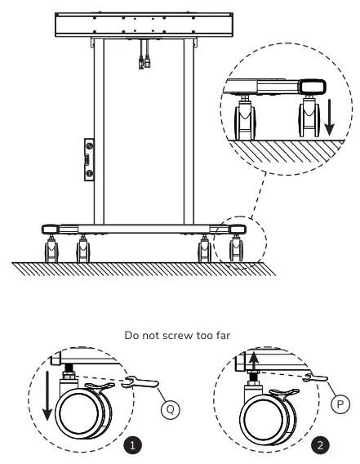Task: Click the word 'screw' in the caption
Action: coord(164,334)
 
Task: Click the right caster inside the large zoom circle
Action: coord(311,118)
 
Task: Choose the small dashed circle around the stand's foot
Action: coord(236,241)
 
